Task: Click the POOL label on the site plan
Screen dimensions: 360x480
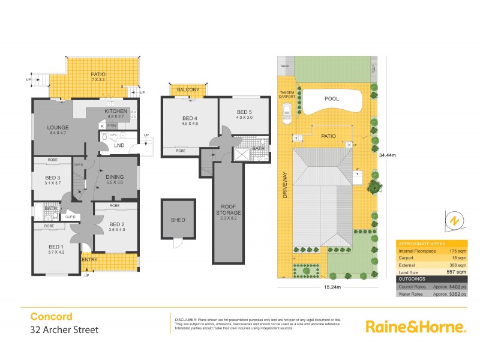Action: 331,98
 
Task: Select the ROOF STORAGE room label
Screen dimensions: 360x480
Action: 228,210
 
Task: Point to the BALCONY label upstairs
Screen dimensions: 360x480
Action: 188,89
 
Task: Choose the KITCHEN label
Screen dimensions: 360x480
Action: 116,112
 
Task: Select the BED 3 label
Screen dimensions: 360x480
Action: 53,178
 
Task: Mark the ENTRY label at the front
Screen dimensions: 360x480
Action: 90,259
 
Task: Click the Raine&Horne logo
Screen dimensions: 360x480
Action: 416,326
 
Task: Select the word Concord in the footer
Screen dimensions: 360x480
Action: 51,317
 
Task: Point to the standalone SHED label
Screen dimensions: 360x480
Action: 177,220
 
